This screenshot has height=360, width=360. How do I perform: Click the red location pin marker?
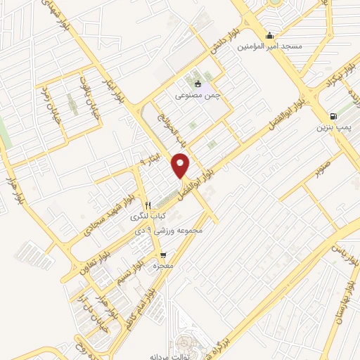click(181, 166)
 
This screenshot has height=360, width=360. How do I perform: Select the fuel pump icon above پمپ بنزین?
click(333, 117)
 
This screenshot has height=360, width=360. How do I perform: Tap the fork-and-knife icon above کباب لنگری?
click(148, 206)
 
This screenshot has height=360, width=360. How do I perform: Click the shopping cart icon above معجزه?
click(163, 255)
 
